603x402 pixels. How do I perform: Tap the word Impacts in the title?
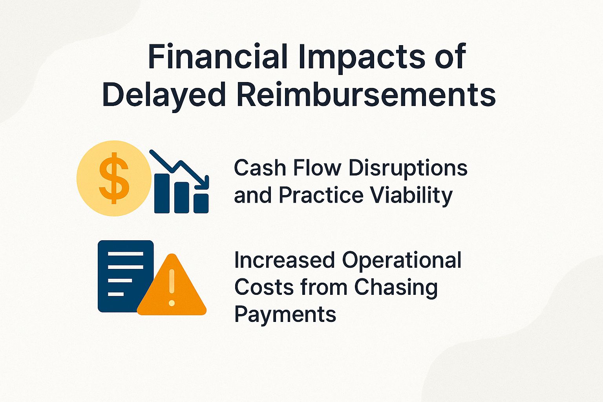(x=362, y=57)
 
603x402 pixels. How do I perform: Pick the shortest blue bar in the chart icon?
(x=201, y=203)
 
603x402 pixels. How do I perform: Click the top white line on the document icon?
(x=125, y=254)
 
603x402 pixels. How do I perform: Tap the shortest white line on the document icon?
(x=115, y=294)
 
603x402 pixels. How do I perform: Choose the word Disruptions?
(x=408, y=168)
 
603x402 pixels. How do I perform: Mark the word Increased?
(x=285, y=260)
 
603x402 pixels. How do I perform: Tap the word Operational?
(x=402, y=260)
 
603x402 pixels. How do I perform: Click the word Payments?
(x=285, y=314)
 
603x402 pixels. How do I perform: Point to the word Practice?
(x=321, y=195)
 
